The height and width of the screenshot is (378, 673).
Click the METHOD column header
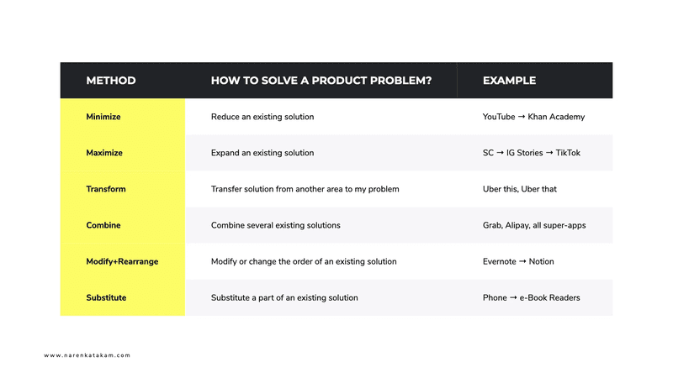pos(111,81)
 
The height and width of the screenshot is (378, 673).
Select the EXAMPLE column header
pos(509,81)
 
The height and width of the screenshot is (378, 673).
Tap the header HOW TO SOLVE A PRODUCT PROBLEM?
pos(321,81)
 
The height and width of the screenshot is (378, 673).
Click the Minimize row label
pos(103,117)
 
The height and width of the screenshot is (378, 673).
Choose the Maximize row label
pos(104,153)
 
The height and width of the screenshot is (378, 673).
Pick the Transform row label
pos(106,189)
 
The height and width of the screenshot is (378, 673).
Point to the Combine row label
pos(103,225)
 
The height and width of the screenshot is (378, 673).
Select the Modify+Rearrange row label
pos(122,261)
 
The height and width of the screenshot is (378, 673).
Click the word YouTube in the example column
pos(499,117)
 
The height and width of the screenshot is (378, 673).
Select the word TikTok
pos(567,153)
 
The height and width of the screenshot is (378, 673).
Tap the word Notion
pos(542,261)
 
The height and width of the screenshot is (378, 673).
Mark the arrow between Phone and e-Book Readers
pos(513,297)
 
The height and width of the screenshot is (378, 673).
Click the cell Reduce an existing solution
pos(262,117)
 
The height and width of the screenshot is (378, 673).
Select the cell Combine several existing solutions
pos(276,225)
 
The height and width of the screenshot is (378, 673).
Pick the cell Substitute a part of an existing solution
pos(284,297)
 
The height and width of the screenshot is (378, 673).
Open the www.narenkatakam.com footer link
pos(87,355)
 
